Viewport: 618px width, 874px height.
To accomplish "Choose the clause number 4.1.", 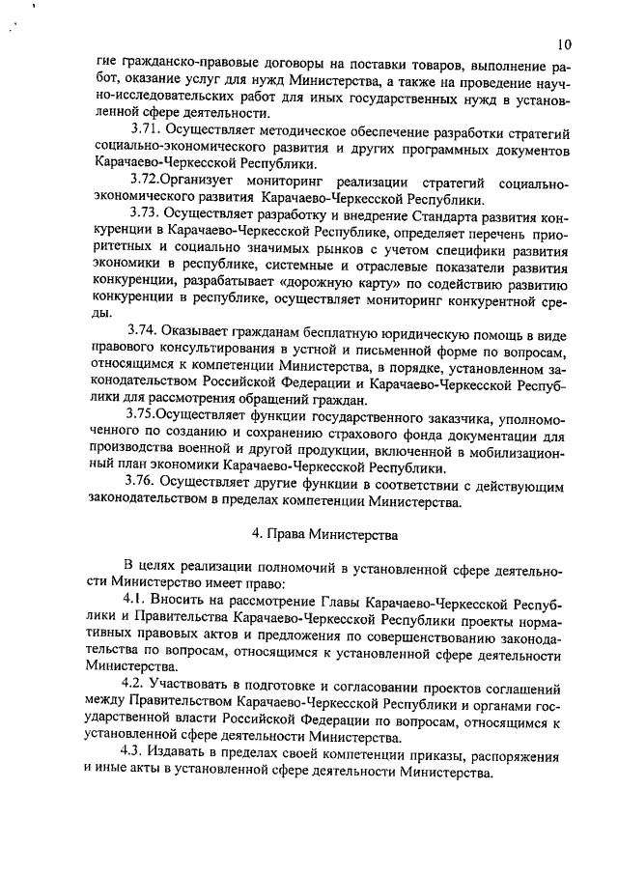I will tap(137, 600).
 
